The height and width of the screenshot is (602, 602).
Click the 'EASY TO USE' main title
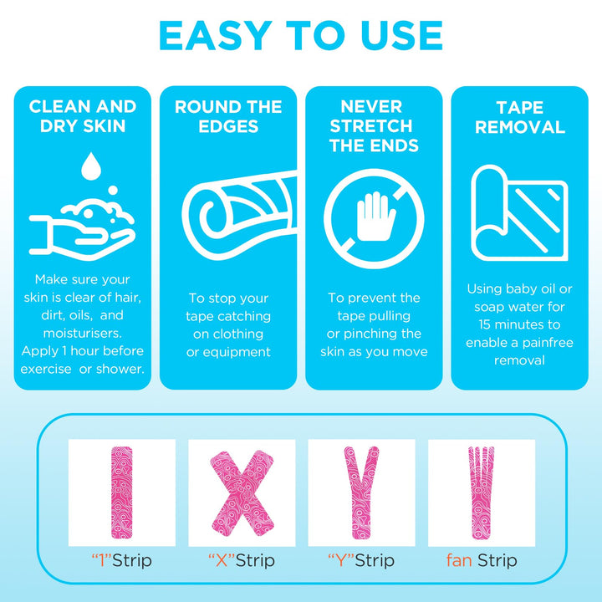301,35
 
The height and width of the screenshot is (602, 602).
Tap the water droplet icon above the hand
91,166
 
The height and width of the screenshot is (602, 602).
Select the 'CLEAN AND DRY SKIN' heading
83,116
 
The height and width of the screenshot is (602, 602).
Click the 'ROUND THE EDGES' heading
228,116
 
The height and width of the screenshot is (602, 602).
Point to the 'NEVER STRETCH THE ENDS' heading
374,126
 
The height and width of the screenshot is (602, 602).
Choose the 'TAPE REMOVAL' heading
520,117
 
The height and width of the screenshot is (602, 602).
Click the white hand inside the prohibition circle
375,217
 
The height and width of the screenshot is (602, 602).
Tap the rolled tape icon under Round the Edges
240,215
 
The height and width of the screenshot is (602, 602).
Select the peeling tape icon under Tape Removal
519,213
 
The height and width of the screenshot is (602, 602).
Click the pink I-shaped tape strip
122,492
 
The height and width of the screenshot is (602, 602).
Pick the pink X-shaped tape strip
242,493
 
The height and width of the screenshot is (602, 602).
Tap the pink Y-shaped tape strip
361,492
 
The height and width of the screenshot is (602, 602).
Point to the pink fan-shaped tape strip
481,492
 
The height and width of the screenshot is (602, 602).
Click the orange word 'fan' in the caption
459,560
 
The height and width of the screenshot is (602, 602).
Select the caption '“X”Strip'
242,560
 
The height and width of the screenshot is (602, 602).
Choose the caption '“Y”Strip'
361,560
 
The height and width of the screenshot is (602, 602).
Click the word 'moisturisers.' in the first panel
83,333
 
